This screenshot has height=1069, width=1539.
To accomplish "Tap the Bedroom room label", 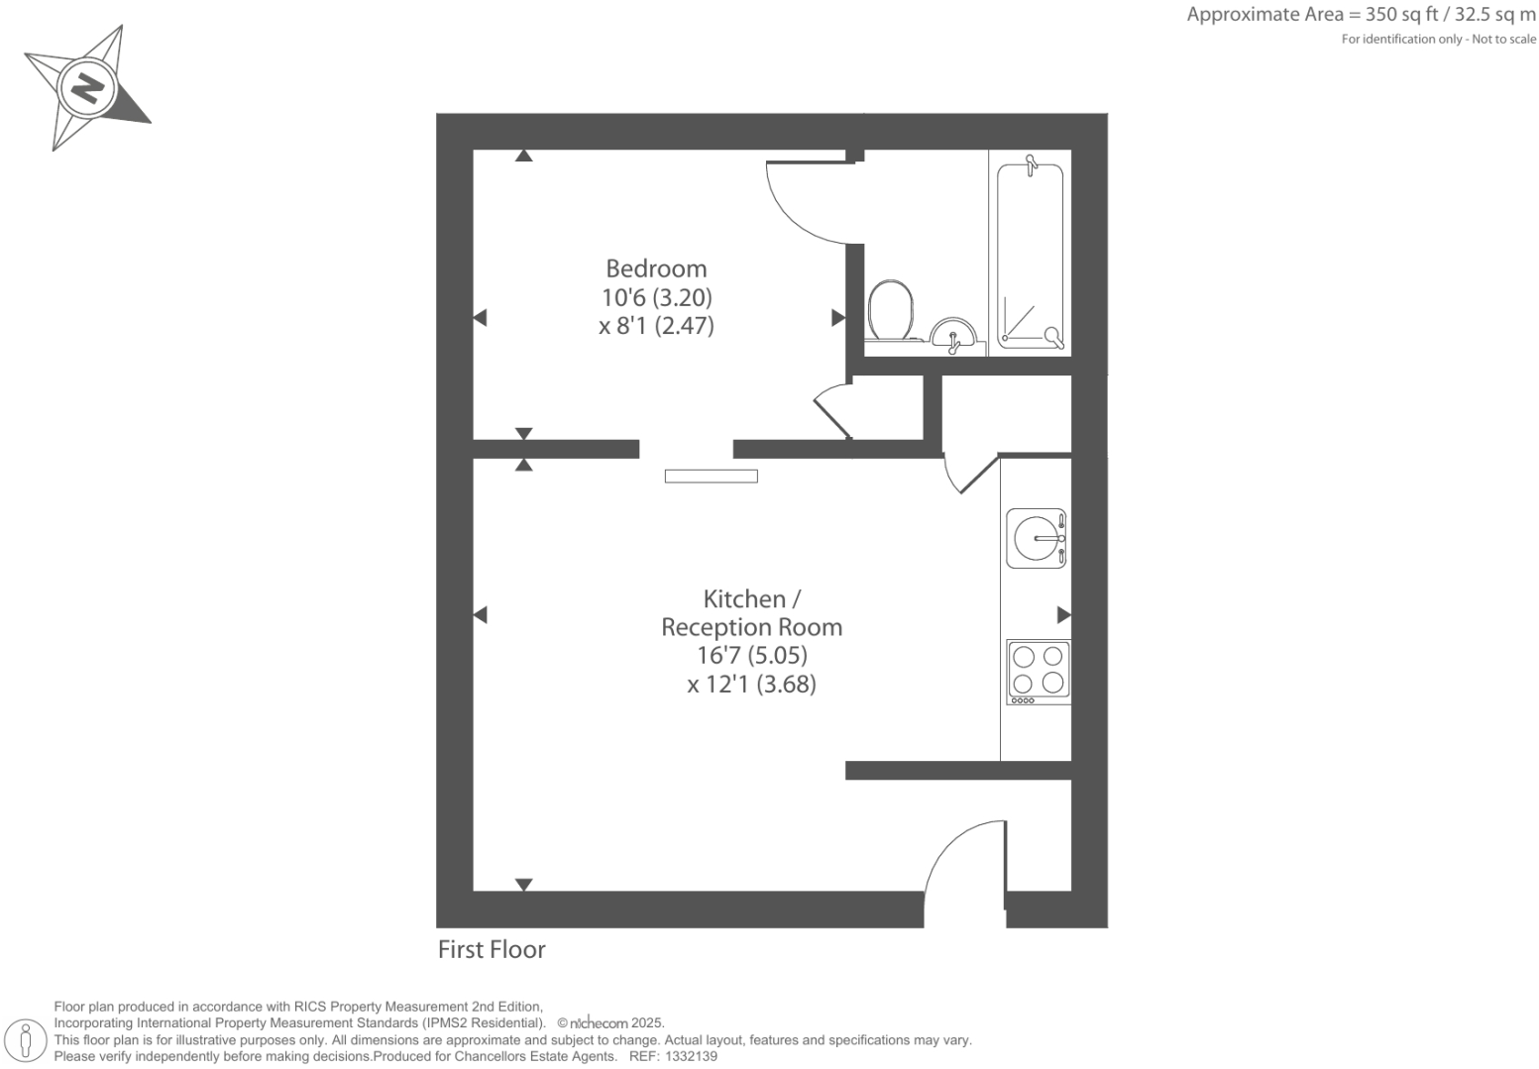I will coord(656,268).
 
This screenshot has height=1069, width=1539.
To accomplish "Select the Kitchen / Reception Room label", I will coord(751,613).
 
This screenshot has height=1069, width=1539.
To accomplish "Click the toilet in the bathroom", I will coord(890,310).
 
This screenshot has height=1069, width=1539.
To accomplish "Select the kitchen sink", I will coord(1036,538).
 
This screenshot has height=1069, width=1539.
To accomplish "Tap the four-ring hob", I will coord(1039,672).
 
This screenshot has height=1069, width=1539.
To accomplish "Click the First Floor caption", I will coord(492,949).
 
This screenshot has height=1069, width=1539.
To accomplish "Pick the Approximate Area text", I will coord(1361,15).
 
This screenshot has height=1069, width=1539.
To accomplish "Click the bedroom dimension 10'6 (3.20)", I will coord(656,297).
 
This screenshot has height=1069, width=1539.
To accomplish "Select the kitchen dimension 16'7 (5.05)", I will coord(751,655).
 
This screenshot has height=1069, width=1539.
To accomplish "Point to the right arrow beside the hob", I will coord(1063,615).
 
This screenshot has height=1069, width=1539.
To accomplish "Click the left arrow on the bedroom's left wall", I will coord(480,318).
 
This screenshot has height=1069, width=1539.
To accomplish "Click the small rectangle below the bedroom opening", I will coord(711,477).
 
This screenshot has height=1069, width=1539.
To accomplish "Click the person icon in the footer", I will coord(27,1040).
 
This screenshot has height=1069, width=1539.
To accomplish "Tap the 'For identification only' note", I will coord(1438,40).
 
